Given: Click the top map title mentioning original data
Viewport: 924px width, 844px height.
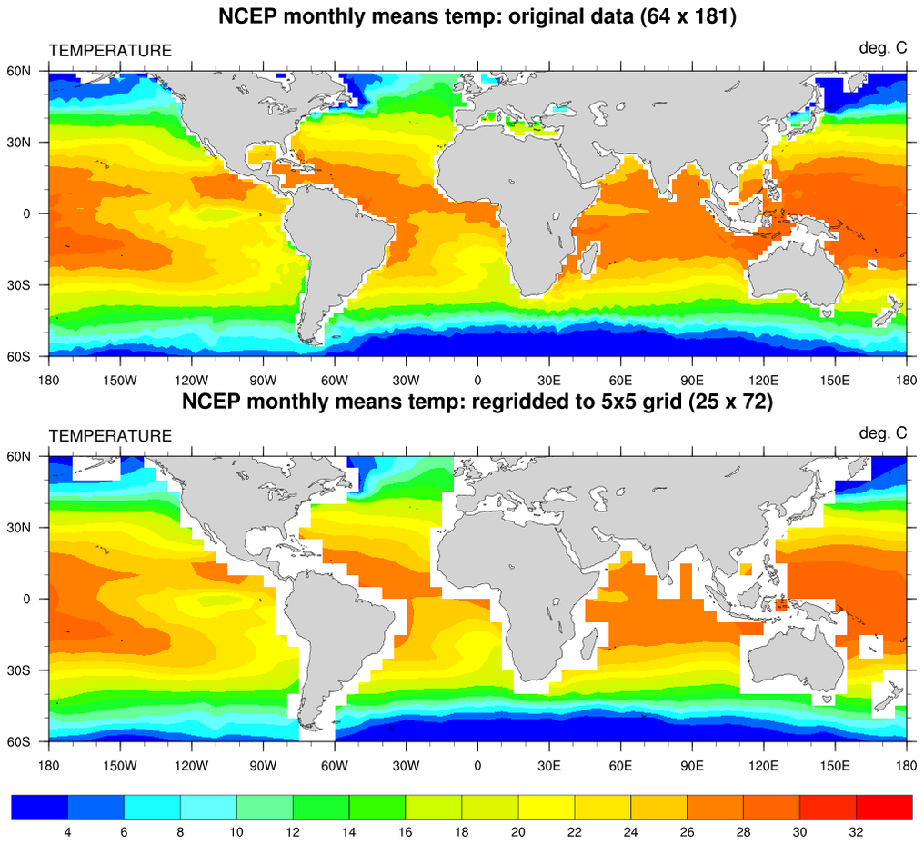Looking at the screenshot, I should pos(477,15).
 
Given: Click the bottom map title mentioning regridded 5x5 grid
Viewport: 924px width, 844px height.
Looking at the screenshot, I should pos(477,402).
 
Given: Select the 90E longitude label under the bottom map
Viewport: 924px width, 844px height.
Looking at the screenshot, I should pos(692,764).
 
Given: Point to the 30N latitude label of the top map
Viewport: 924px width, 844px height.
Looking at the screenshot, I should pos(20,143).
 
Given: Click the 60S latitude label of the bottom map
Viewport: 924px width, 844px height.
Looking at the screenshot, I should pos(20,741).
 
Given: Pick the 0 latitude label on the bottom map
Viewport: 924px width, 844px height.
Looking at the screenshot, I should pos(28,599).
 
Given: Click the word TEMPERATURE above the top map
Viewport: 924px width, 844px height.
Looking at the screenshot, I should pos(109,51).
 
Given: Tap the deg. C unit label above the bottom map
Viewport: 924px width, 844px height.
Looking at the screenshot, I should pos(882,433).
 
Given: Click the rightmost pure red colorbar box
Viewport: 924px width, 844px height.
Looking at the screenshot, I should pos(883,806).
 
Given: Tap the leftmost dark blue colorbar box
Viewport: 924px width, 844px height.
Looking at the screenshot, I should pos(40,806).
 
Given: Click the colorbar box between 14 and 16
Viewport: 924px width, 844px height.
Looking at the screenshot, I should pos(377,806).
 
